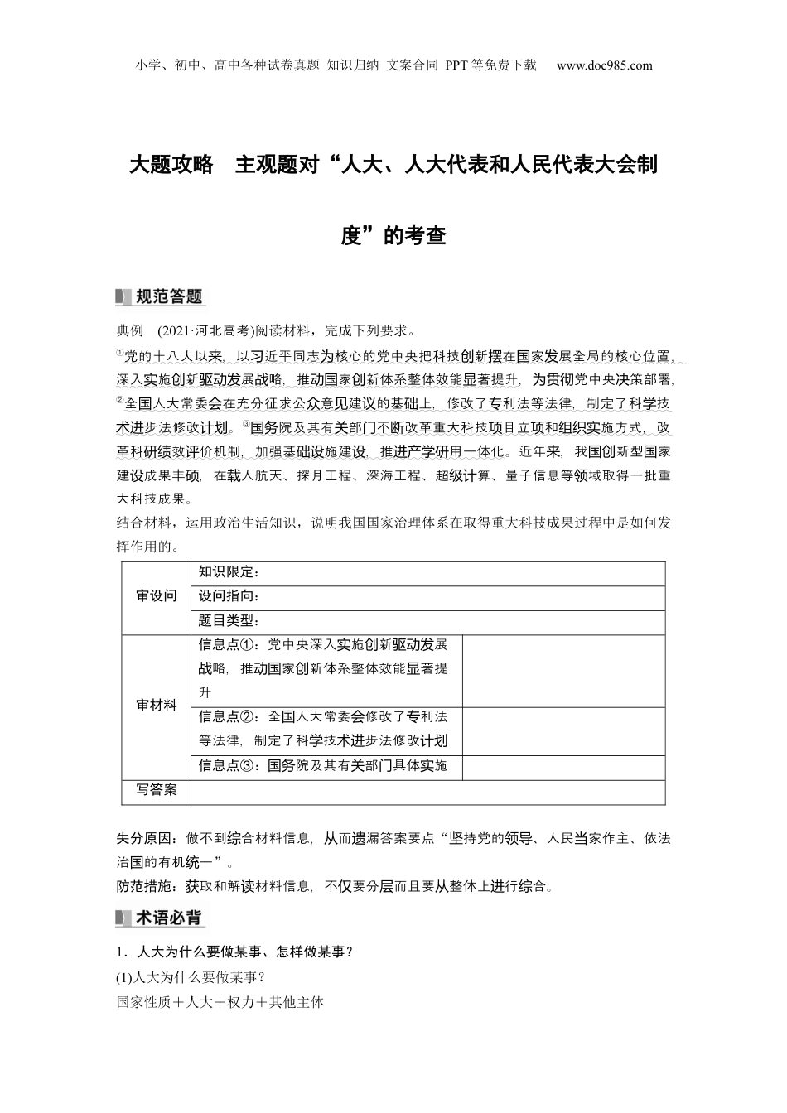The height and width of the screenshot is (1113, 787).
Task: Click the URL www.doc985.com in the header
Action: [604, 65]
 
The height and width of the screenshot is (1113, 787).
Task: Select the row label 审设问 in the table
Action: [157, 596]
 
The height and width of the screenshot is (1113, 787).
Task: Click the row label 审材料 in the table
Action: [157, 706]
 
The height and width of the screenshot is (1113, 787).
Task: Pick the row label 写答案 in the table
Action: [157, 790]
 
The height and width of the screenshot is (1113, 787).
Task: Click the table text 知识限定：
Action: [229, 572]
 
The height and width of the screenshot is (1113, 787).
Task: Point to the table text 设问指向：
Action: [229, 596]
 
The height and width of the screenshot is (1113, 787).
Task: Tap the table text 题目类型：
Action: [229, 621]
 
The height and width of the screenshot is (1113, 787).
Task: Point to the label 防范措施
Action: [147, 886]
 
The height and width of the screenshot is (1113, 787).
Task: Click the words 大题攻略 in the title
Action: [171, 164]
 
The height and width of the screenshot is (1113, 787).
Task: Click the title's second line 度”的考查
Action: [393, 236]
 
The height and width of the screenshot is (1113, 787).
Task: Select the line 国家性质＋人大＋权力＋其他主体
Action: [220, 1002]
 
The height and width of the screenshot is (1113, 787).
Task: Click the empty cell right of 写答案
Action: [427, 792]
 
